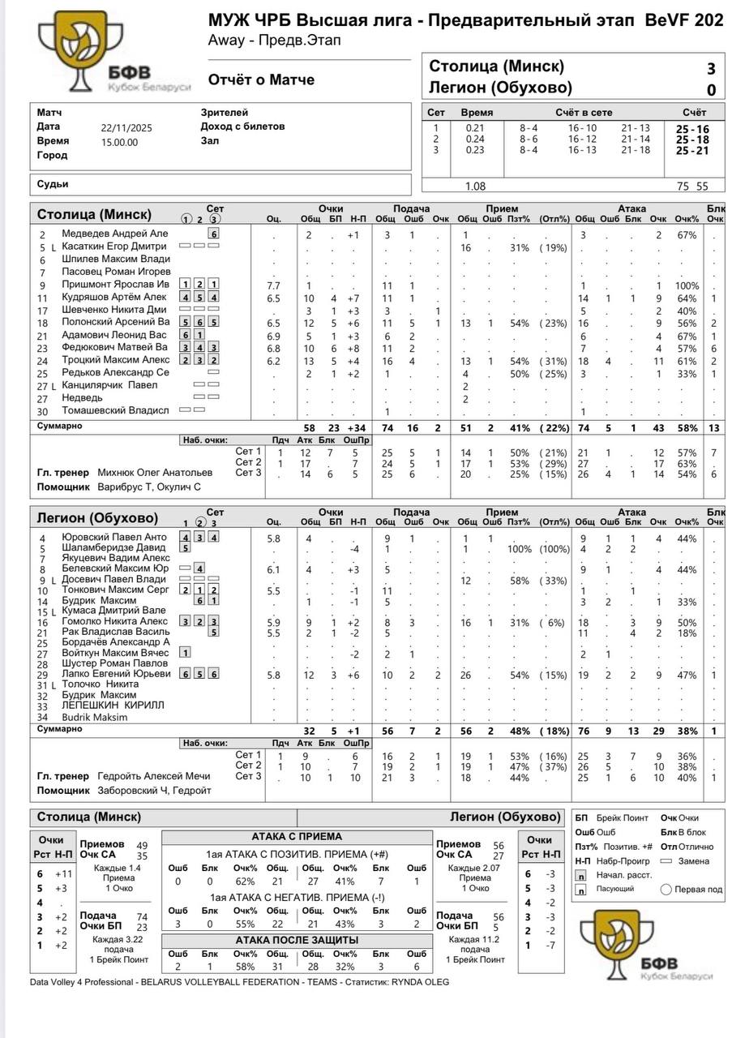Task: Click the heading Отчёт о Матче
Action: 261,80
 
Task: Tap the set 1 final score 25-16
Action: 692,129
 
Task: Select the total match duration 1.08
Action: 475,186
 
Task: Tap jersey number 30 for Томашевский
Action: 43,411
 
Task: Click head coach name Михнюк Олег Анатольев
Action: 155,472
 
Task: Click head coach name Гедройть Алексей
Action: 153,776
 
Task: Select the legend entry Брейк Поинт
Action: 623,818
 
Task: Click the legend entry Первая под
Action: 698,889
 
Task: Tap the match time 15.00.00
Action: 120,142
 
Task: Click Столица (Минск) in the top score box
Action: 496,66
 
